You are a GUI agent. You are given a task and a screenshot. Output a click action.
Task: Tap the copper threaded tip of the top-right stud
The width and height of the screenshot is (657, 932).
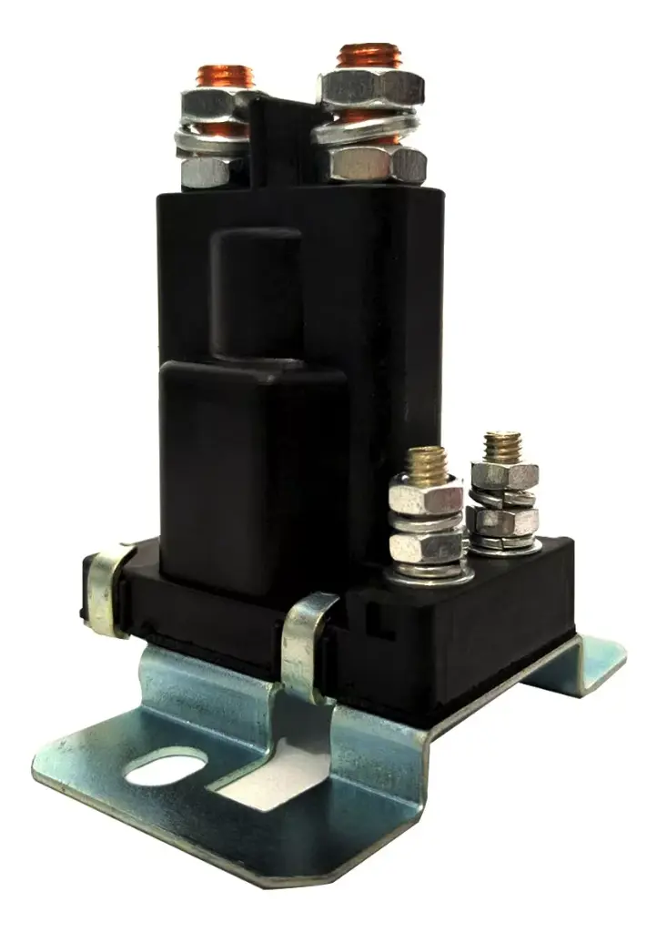[x=369, y=56]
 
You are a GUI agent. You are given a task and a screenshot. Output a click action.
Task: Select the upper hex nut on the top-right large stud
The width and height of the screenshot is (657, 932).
[x=371, y=88]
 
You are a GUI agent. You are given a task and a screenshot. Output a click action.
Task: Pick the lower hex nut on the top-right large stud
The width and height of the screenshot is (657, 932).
[x=377, y=164]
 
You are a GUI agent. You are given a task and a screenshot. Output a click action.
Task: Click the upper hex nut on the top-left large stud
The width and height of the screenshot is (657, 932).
[x=216, y=105]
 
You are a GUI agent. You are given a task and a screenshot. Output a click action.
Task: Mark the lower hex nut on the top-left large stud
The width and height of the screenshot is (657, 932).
[x=211, y=169]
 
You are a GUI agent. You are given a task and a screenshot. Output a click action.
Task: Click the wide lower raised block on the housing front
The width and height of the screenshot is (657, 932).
[x=253, y=464]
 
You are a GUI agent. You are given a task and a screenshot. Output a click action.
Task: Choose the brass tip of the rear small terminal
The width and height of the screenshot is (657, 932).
[x=501, y=445]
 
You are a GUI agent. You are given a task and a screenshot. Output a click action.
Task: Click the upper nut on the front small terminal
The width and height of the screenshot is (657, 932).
[x=425, y=498]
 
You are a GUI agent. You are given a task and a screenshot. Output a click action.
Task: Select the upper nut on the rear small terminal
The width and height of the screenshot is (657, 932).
[x=503, y=475]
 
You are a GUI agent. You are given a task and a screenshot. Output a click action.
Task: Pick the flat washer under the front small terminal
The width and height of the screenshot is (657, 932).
[x=428, y=574]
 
